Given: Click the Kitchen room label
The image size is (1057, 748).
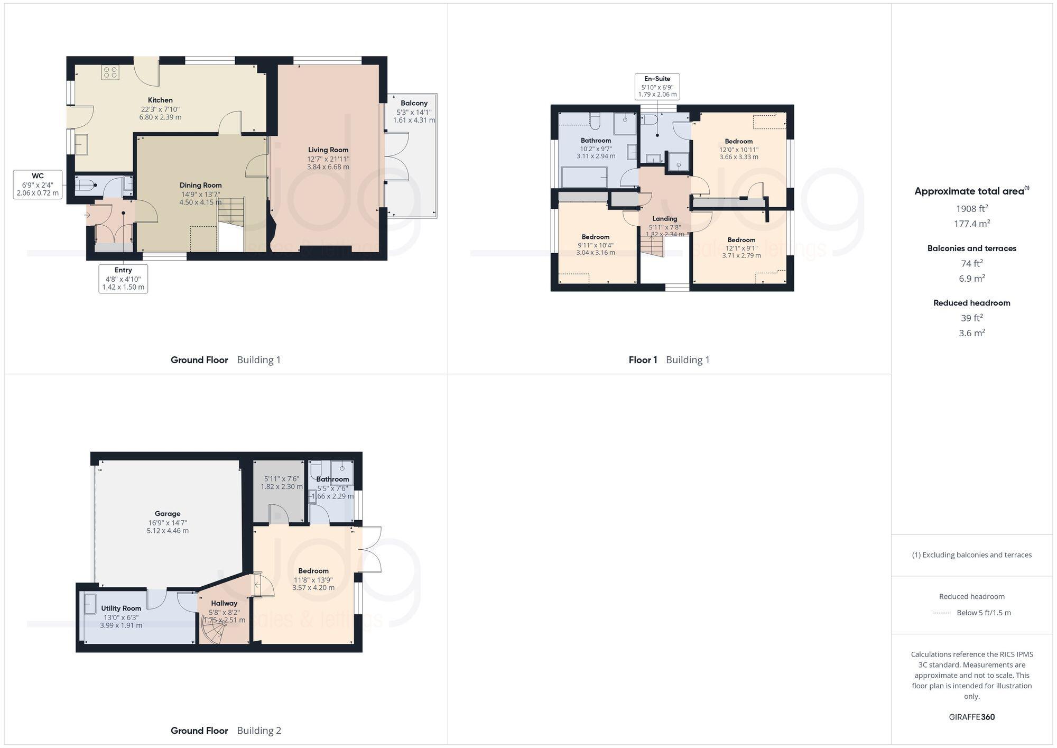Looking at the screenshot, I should [160, 100].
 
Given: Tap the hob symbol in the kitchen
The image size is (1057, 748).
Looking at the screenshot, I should [110, 72].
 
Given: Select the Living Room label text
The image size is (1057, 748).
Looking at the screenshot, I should [328, 150].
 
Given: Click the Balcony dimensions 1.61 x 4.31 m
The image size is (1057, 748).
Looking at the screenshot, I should [414, 120].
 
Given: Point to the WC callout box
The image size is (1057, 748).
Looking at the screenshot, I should [38, 184].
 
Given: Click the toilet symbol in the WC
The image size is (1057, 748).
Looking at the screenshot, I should [86, 185].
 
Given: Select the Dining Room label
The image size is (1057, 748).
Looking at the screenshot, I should [200, 185].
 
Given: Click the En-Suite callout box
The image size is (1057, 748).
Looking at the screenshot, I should [657, 86].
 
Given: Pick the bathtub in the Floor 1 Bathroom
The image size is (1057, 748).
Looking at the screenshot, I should [584, 177].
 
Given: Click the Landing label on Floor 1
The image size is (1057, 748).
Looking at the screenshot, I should [664, 218].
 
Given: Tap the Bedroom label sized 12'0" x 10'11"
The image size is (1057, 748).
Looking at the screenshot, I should [738, 141].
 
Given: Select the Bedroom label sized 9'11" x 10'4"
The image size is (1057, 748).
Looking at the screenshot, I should [596, 237].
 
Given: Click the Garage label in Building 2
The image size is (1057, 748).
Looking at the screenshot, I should [168, 513].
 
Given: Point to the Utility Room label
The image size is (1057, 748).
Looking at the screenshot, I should [121, 608].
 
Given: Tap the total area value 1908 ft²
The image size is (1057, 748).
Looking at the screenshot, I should [971, 208].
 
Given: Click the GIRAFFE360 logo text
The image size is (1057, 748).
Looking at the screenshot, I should [971, 717].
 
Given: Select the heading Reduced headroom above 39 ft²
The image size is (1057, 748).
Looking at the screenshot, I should [971, 303].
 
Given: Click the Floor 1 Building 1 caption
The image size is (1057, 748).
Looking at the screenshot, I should [669, 360].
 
